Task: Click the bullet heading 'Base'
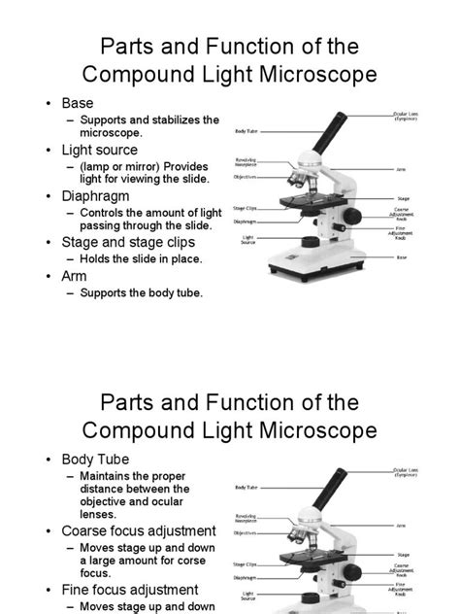coord(77,102)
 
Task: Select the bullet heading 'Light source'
coord(99,150)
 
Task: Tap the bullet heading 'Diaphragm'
coord(95,195)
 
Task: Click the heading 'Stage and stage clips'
coord(128,242)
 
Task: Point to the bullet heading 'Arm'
coord(74,276)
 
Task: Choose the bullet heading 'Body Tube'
coord(95,459)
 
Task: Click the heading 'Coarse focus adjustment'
coord(138,530)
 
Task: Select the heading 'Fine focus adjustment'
coord(130,589)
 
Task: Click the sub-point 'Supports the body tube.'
coord(142,292)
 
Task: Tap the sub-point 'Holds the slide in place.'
coord(146,259)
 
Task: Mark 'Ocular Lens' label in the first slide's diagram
coord(406,116)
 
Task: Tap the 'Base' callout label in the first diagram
coord(401,257)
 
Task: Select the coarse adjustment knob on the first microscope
coord(355,216)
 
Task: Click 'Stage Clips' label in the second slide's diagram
coord(244,563)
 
